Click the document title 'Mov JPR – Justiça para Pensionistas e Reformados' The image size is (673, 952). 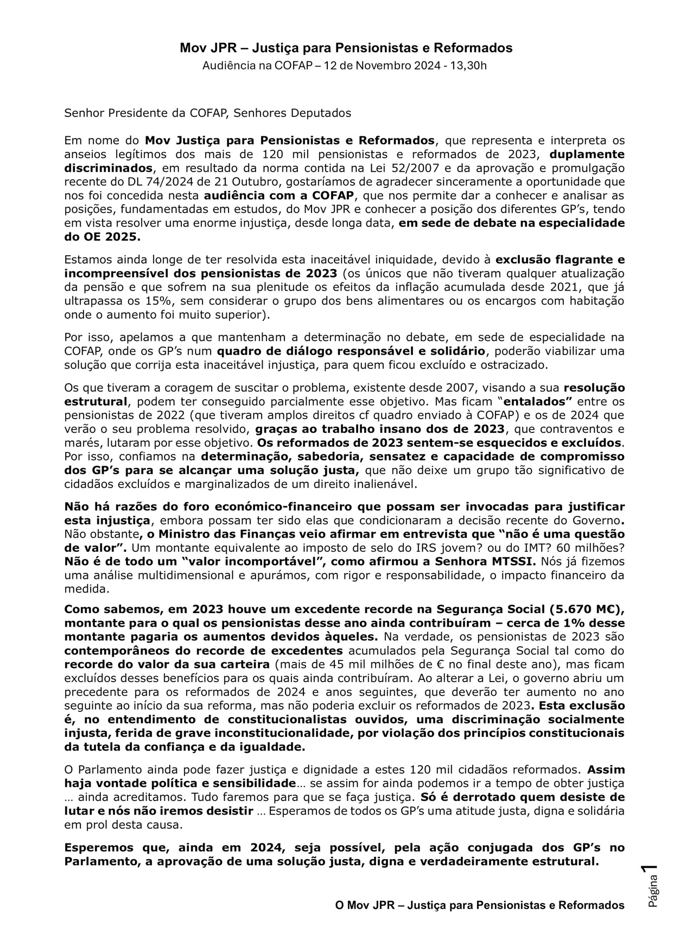[x=346, y=48]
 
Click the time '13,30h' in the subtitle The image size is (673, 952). [x=469, y=66]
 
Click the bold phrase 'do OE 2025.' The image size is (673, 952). [x=102, y=236]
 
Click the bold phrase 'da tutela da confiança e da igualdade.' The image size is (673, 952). [x=185, y=747]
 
